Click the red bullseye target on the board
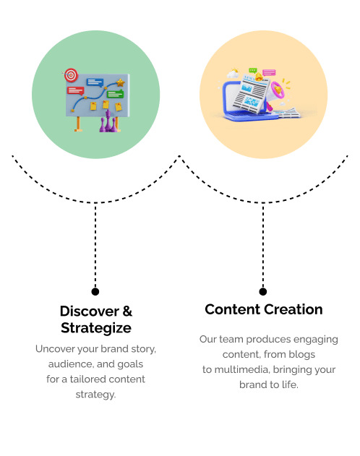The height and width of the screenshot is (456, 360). coord(71,75)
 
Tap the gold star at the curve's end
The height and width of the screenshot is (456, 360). coord(121,83)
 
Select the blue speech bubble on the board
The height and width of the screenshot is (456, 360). coord(95,82)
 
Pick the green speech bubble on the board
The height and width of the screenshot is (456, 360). coord(115,94)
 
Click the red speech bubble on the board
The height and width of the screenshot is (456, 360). coord(75,91)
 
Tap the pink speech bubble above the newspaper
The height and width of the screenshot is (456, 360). coord(269,72)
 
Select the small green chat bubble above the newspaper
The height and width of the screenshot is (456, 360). coord(253,70)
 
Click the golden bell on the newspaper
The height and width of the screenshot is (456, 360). coord(259,77)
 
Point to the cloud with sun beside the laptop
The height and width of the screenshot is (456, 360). coord(233,73)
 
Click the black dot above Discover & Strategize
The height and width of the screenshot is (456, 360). coord(95,291)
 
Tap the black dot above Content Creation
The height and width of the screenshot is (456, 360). coord(263,291)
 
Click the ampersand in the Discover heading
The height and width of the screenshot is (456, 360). coord(127,311)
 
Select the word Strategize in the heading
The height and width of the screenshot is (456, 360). coord(96,328)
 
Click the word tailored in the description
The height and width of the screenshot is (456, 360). coord(87,379)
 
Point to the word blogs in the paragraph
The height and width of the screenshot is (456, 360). coord(302,355)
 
